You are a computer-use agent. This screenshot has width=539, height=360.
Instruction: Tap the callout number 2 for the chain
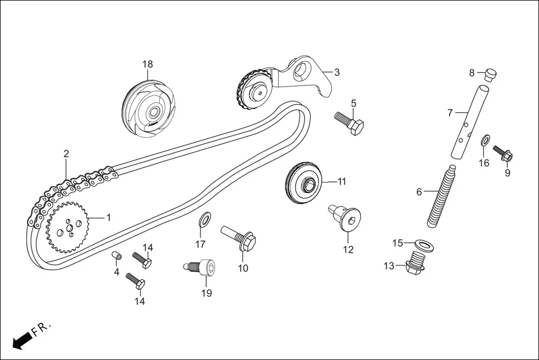tap(66, 153)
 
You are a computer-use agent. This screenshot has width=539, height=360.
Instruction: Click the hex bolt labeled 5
tap(349, 123)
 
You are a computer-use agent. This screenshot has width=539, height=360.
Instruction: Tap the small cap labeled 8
tap(490, 74)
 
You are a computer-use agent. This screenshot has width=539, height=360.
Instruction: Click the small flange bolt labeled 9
tap(503, 153)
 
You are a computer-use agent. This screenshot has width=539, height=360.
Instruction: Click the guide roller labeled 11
tap(304, 181)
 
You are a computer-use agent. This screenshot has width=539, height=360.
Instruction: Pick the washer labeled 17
tap(205, 219)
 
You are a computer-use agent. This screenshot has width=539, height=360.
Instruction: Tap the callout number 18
tap(147, 64)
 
